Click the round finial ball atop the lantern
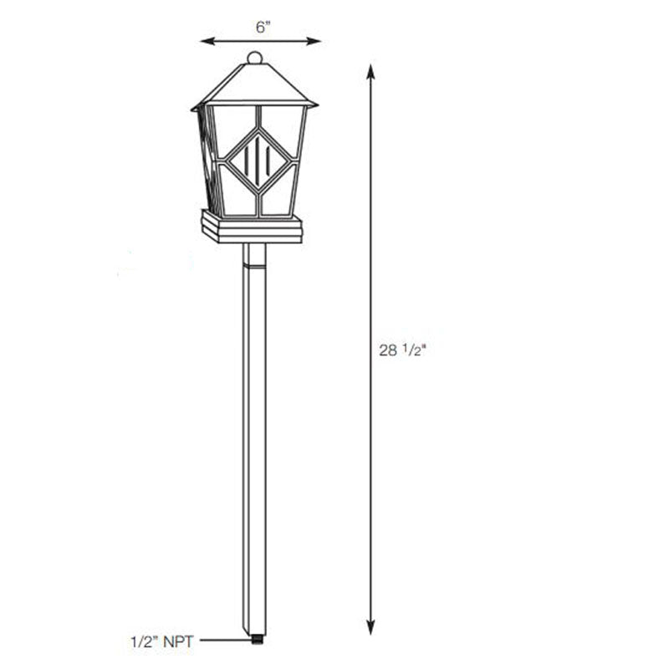point(255,58)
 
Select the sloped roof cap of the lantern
point(255,86)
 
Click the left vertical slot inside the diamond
point(248,159)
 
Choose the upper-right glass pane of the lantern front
point(283,125)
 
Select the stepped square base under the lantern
point(252,227)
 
